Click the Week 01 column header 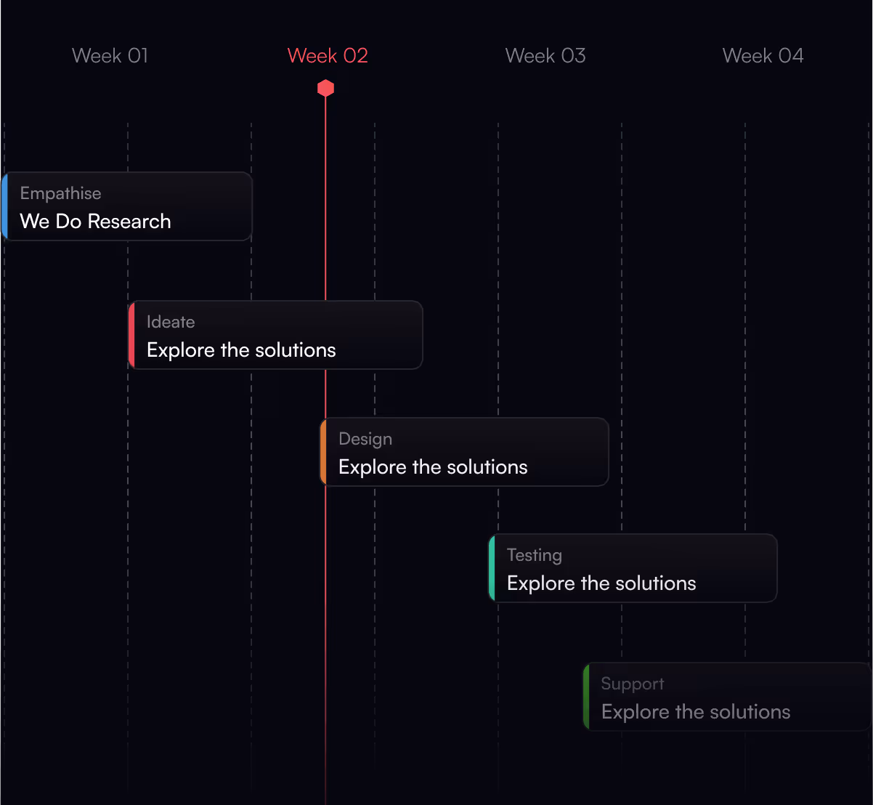[x=110, y=56]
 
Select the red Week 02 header [x=328, y=56]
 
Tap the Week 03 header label [x=545, y=56]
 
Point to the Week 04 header [x=763, y=56]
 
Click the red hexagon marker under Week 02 [x=325, y=89]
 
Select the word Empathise [x=60, y=193]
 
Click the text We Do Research [x=95, y=222]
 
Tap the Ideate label [x=171, y=322]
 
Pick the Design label [x=365, y=439]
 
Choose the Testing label [x=535, y=555]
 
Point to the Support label [x=633, y=684]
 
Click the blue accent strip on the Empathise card [x=4, y=206]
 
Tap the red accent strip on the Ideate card [x=131, y=335]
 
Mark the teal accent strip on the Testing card [x=492, y=568]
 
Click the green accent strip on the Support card [x=586, y=697]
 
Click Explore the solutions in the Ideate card [x=241, y=350]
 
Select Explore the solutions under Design [x=433, y=467]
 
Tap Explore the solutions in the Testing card [x=601, y=583]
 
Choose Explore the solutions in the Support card [x=696, y=712]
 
